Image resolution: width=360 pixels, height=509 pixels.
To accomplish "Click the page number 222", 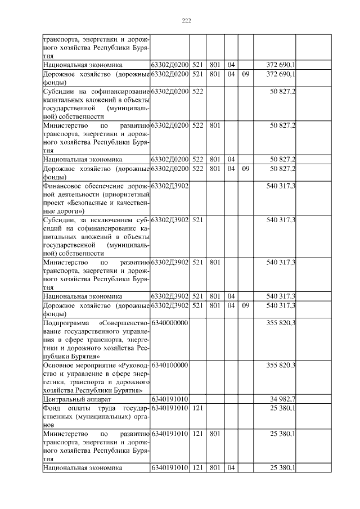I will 187,21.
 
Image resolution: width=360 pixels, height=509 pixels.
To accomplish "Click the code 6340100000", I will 169,365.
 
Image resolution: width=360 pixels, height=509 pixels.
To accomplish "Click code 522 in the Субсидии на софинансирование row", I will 197,91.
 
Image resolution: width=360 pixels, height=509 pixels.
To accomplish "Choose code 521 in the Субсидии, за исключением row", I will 197,219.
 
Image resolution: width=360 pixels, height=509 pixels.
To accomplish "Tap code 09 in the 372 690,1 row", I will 245,74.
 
